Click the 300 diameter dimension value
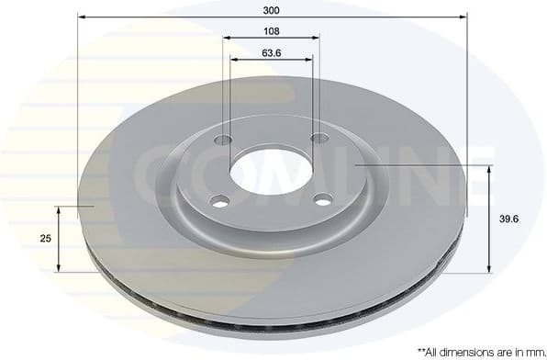coord(272,10)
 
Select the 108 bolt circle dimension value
coord(271,30)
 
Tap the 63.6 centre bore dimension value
coord(271,51)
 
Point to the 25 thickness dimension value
coord(45,238)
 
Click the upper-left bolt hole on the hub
coord(222,141)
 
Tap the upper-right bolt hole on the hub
coord(319,138)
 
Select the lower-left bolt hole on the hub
coord(218,201)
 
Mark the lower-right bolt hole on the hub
coord(322,198)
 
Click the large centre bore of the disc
coord(270,169)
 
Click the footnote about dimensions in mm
coord(479,350)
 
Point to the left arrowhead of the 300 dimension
coord(81,17)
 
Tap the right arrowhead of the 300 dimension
coord(463,17)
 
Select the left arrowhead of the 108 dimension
coord(225,38)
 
